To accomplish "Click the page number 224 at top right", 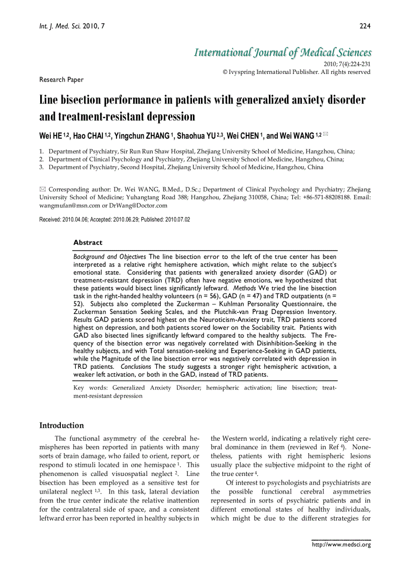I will (365, 26).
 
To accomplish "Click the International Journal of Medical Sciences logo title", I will (283, 53).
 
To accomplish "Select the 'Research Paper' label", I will (61, 79).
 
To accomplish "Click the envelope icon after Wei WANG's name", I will (325, 135).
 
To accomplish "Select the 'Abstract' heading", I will (87, 243).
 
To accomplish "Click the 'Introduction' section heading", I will (61, 425).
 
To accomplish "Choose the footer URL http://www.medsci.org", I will (341, 544).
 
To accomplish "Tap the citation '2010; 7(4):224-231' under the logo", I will (347, 64).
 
